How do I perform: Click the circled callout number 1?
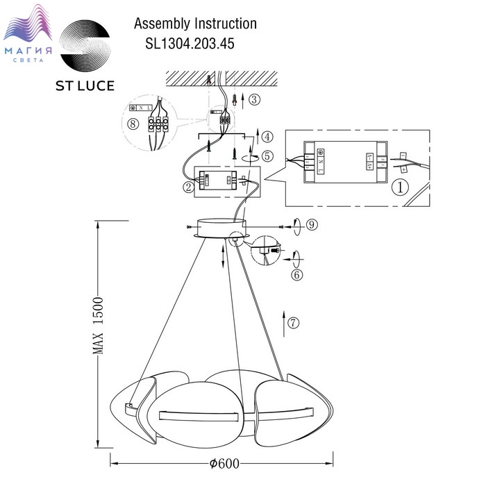coord(399,187)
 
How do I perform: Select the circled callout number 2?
coord(187,186)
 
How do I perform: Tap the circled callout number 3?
coord(254,99)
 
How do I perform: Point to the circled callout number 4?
coord(268,136)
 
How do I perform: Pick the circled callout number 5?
coord(268,156)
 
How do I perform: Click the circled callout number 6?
coord(296,275)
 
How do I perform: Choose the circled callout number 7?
coord(294,322)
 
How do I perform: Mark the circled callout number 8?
coord(133,126)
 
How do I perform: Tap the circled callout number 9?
coord(311,224)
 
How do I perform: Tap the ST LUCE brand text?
coord(85,86)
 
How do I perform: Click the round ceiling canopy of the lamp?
coord(221,228)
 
